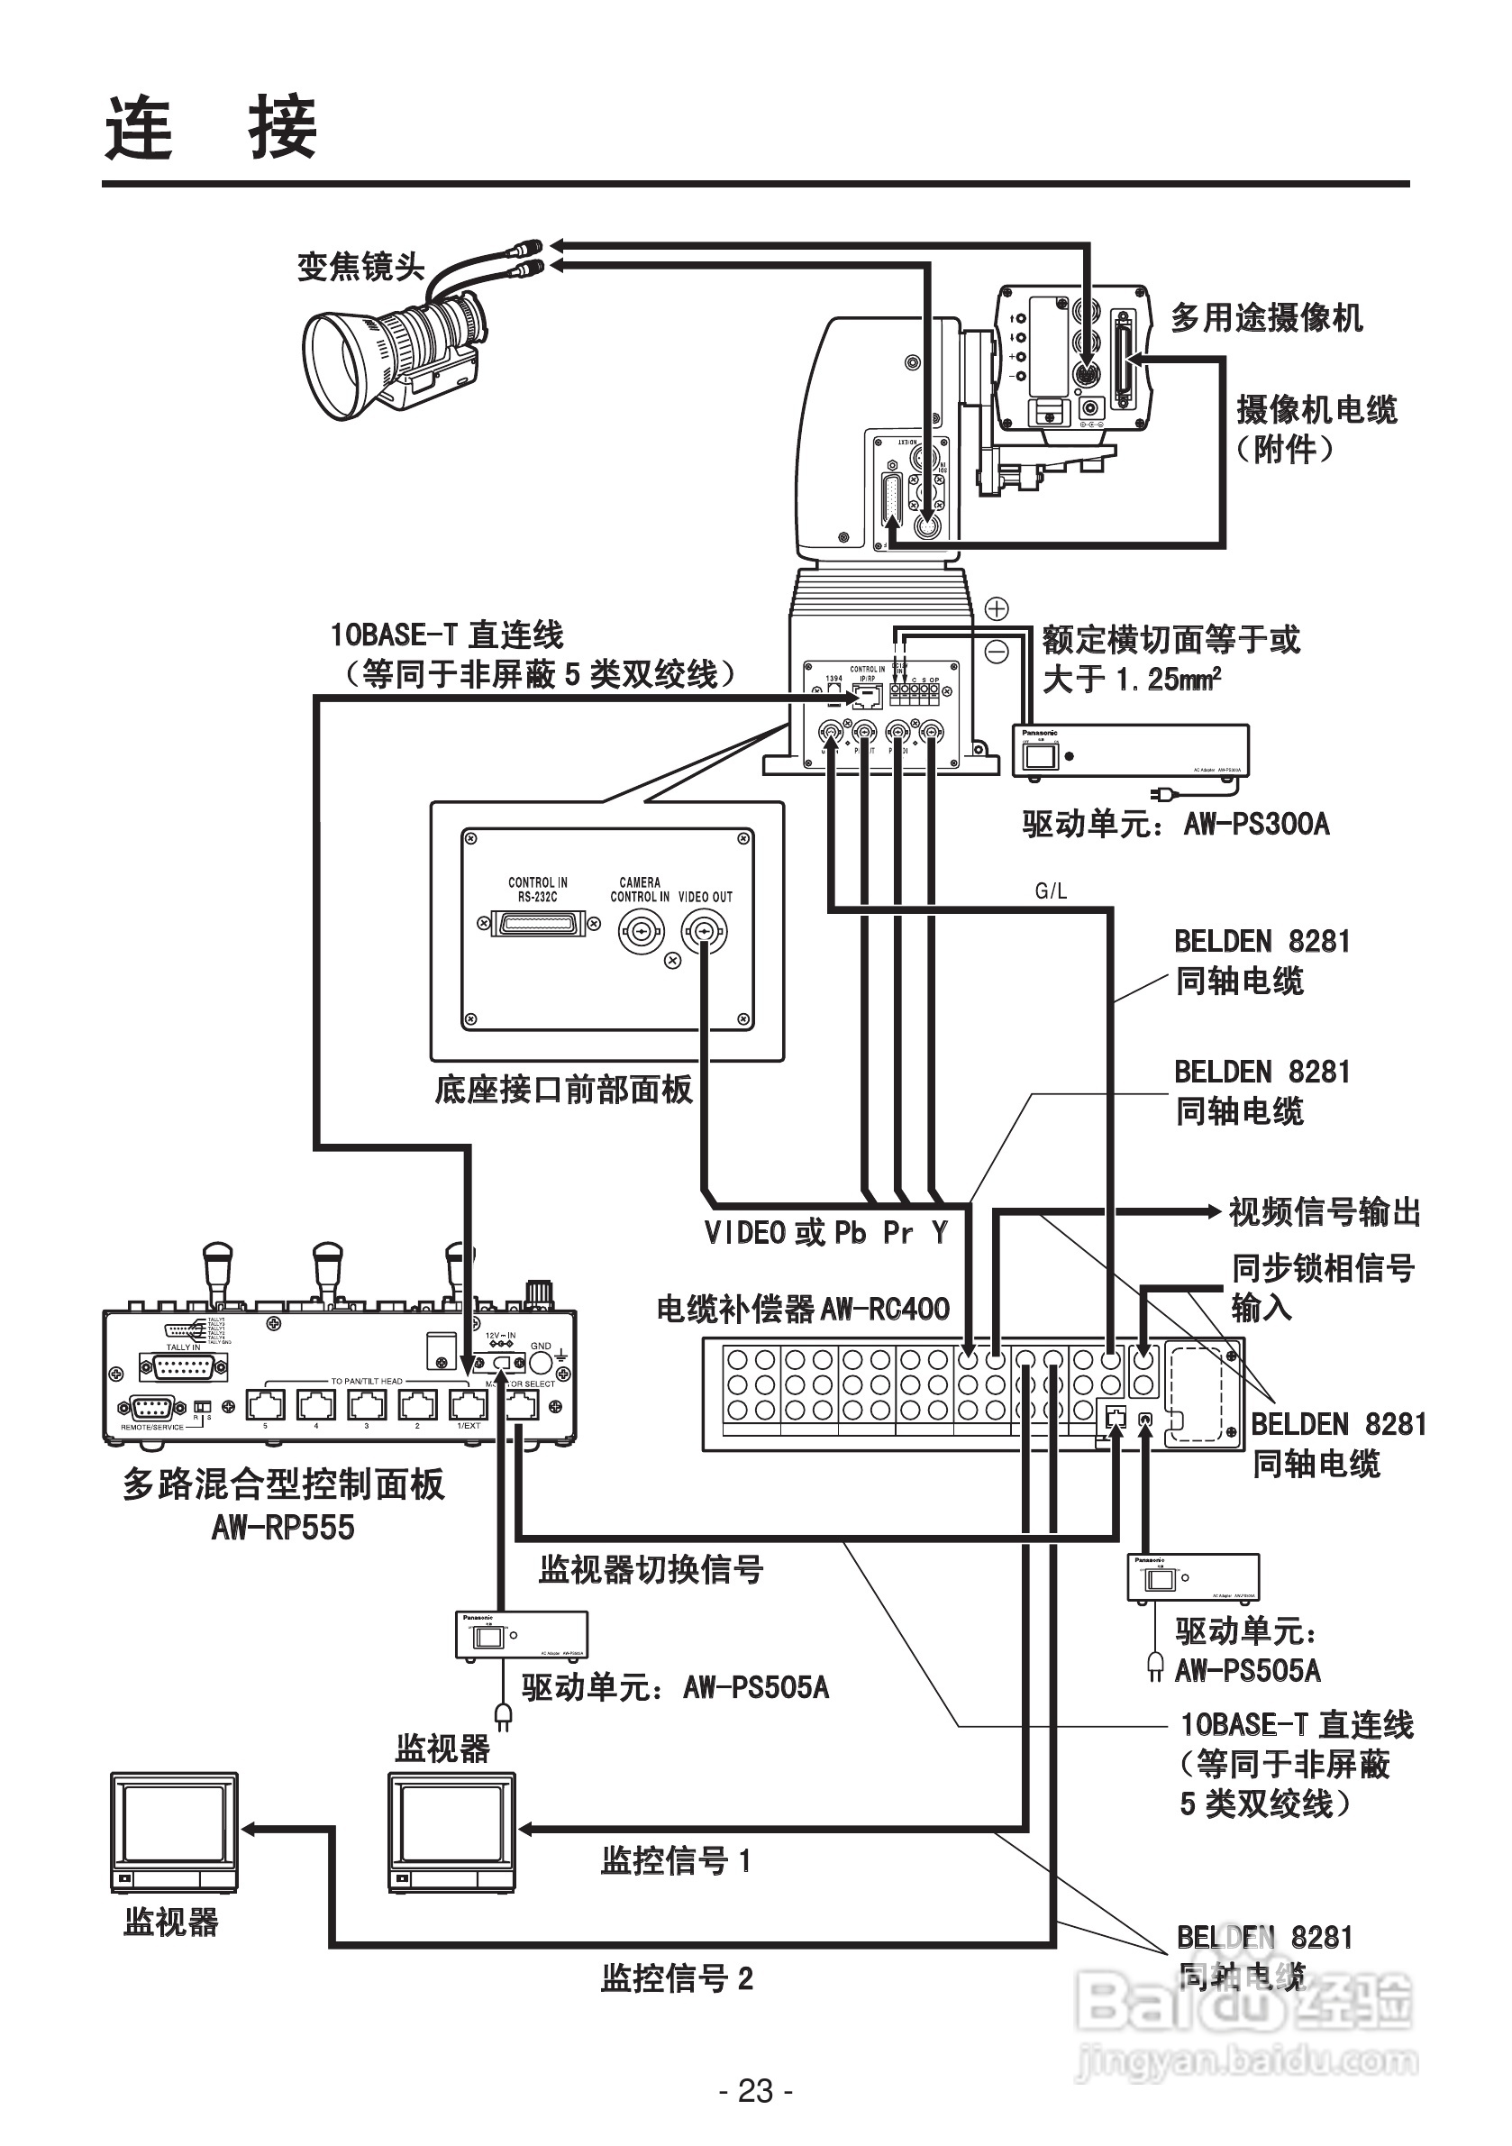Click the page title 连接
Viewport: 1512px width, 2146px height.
coord(211,128)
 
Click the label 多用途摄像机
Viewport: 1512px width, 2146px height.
coord(1266,318)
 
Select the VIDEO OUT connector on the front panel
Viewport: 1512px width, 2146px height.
coord(704,931)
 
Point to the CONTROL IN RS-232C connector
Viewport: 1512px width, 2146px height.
coord(537,925)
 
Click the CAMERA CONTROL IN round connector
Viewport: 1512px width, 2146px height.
coord(640,931)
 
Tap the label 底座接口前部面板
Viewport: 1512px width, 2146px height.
coord(563,1090)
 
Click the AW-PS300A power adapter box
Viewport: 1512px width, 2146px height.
coord(1131,750)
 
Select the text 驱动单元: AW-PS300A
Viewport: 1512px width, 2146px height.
coord(1176,825)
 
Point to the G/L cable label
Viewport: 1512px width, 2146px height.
coord(1051,891)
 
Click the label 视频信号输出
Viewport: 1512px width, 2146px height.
coord(1325,1212)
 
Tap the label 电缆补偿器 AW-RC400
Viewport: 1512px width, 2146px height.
coord(803,1310)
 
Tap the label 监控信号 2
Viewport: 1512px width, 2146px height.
coord(677,1977)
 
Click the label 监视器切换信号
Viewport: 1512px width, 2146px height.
coord(651,1569)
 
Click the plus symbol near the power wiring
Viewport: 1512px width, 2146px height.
coord(997,609)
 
